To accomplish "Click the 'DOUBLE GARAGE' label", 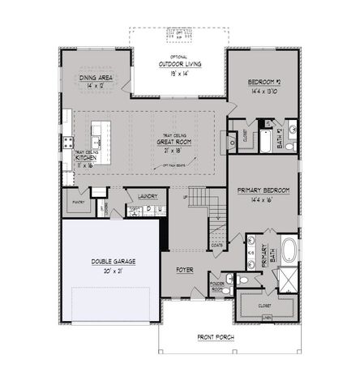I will (113, 262).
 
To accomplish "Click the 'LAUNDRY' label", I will (147, 196).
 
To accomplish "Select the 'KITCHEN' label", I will (87, 157).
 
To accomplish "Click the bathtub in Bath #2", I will (267, 139).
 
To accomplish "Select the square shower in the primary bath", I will (287, 278).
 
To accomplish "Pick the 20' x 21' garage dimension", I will (113, 271).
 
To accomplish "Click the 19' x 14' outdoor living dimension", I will (180, 73).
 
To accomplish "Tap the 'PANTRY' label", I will (79, 201).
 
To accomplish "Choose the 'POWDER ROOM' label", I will (216, 286).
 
